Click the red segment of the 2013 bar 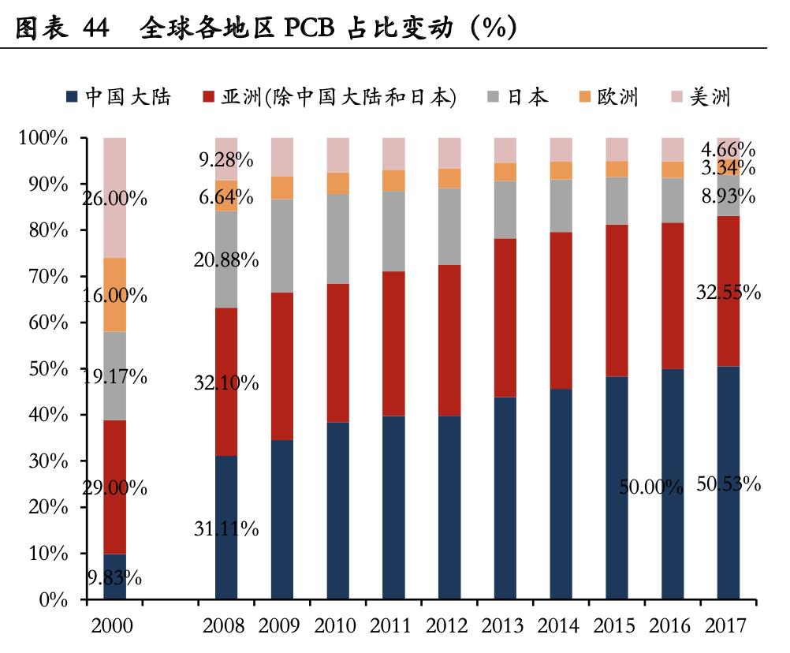pyautogui.click(x=505, y=317)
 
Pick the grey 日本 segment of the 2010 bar pyautogui.click(x=338, y=238)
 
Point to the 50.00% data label pyautogui.click(x=650, y=487)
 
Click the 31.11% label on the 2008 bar pyautogui.click(x=226, y=529)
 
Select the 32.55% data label pyautogui.click(x=728, y=293)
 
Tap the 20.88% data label pyautogui.click(x=226, y=259)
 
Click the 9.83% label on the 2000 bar pyautogui.click(x=114, y=578)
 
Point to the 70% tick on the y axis pyautogui.click(x=50, y=277)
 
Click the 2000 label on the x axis pyautogui.click(x=113, y=627)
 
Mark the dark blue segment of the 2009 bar pyautogui.click(x=282, y=521)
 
